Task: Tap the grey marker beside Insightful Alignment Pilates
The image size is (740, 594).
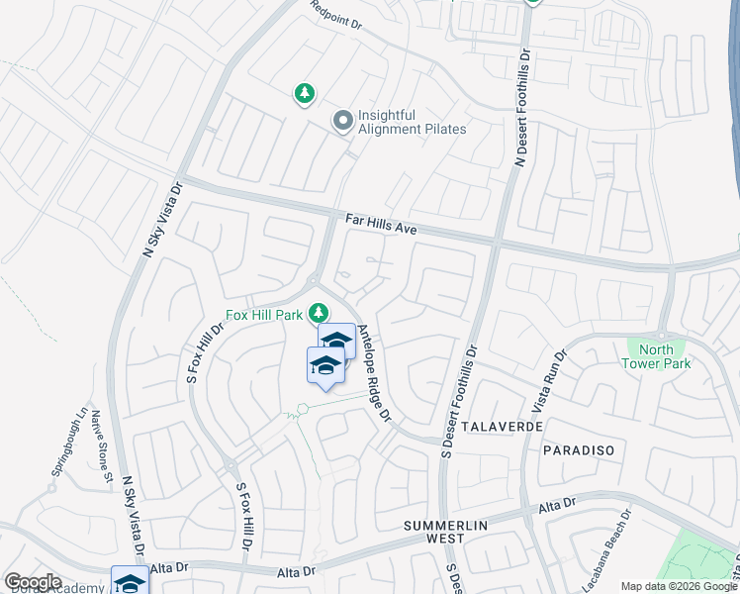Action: [x=343, y=121]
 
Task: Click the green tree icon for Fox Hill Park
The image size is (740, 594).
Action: [x=319, y=313]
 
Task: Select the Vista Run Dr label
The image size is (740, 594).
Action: [x=549, y=380]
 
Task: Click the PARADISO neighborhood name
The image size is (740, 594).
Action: [x=579, y=449]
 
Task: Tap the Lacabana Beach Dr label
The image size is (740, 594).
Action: [x=625, y=544]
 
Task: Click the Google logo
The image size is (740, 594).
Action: [x=33, y=582]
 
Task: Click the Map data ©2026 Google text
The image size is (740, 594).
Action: [x=679, y=586]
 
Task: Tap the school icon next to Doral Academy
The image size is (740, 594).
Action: [x=130, y=581]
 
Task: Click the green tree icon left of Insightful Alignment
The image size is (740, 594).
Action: [x=305, y=94]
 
